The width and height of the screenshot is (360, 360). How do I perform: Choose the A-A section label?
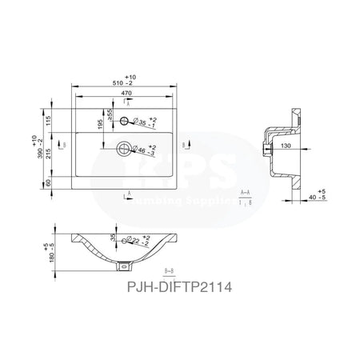[x=247, y=194]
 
